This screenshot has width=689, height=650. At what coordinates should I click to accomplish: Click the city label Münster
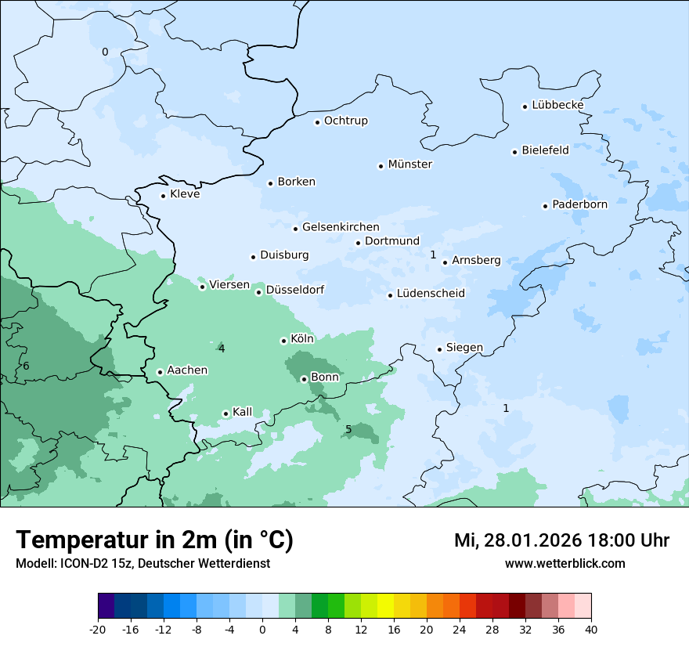[409, 164]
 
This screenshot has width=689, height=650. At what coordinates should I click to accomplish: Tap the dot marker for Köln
[283, 341]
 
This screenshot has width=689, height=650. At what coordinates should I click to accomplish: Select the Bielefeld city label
[545, 150]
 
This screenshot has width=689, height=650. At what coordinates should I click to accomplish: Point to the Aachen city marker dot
[160, 372]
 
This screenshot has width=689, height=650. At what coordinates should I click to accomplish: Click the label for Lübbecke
[557, 105]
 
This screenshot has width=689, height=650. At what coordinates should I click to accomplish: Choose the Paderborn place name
[579, 204]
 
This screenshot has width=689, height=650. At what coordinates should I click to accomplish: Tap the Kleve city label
[185, 194]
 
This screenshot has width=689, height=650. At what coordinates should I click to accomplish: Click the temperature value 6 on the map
[26, 366]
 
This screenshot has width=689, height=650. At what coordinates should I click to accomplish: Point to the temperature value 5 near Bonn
[348, 429]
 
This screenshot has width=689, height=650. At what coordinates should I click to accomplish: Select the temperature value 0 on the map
[105, 52]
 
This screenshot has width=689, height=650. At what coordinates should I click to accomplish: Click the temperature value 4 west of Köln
[222, 348]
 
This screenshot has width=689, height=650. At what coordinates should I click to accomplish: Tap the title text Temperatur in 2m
[154, 540]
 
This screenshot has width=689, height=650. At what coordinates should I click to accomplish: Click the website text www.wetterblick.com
[565, 563]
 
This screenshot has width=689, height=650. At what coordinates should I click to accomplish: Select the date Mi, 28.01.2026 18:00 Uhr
[561, 540]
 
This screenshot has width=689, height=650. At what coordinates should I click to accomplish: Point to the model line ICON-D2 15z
[142, 563]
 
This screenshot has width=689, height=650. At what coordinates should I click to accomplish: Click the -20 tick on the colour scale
[98, 629]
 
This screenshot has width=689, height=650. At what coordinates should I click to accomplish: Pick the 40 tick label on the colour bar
[591, 629]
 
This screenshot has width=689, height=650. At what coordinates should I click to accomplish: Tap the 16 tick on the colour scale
[394, 629]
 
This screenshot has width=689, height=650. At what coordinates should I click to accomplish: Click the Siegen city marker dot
[440, 349]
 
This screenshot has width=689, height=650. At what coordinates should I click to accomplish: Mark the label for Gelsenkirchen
[341, 227]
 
